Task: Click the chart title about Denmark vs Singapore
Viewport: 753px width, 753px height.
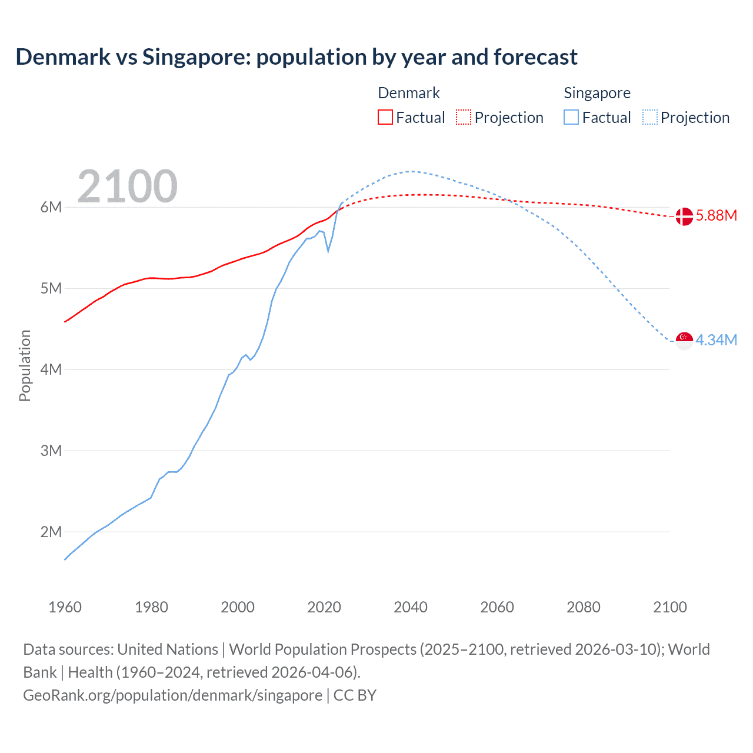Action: click(x=296, y=57)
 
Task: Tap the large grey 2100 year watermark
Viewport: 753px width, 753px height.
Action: click(x=127, y=186)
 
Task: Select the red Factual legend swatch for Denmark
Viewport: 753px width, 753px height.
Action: click(x=385, y=117)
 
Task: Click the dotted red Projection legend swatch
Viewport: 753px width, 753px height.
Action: click(x=464, y=117)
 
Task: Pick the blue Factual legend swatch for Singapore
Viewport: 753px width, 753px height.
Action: click(x=571, y=117)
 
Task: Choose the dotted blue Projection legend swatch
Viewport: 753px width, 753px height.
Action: click(x=649, y=117)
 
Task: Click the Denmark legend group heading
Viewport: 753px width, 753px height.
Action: click(x=408, y=93)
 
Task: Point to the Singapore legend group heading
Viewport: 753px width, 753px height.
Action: click(x=597, y=93)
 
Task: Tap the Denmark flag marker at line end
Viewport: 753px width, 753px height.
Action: click(x=684, y=216)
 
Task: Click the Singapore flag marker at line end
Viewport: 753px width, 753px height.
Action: click(x=684, y=341)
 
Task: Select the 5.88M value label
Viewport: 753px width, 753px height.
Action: click(x=716, y=216)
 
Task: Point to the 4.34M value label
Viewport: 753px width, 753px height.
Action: click(x=716, y=341)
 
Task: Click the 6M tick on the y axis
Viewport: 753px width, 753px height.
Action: click(x=51, y=207)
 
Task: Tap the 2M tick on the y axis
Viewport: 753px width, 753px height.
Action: click(x=51, y=532)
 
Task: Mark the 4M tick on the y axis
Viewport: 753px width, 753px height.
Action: click(x=51, y=369)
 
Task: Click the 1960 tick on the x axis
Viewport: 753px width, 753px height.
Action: click(x=65, y=607)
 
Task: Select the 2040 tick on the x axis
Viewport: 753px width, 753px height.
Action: click(x=411, y=607)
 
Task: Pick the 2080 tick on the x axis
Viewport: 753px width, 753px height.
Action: click(x=584, y=607)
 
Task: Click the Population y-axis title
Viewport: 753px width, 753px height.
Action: click(x=25, y=365)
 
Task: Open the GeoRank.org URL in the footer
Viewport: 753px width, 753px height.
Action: click(x=172, y=695)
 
